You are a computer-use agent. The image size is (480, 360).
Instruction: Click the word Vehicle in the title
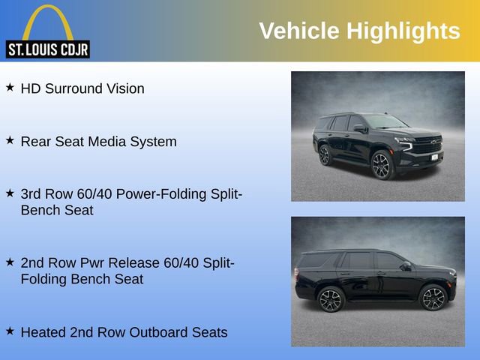pos(298,31)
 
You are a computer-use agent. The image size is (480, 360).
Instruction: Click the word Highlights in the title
pos(403,31)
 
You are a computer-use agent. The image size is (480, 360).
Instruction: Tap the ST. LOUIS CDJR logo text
pos(47,50)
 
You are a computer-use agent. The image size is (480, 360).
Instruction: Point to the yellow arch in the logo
pos(47,19)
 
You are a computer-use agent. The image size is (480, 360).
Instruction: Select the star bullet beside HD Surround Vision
pos(10,88)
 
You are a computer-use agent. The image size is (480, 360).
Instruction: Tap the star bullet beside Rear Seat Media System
pos(10,140)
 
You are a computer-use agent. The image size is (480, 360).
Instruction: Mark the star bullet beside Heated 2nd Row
pos(10,331)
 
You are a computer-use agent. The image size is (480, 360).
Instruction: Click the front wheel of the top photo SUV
pos(382,166)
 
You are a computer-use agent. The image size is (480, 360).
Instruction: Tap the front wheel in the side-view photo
pos(433,298)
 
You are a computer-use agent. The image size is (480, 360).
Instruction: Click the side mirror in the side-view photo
pos(406,266)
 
